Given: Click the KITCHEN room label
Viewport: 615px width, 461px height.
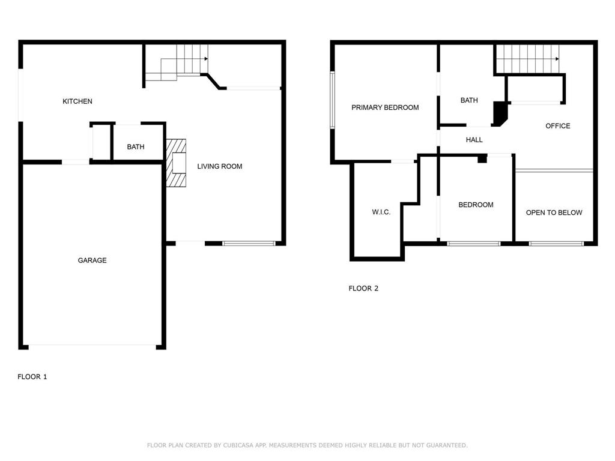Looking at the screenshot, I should pyautogui.click(x=77, y=101).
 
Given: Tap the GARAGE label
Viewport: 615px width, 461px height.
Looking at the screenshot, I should pyautogui.click(x=92, y=261).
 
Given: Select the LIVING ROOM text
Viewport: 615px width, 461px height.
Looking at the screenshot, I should pyautogui.click(x=220, y=166).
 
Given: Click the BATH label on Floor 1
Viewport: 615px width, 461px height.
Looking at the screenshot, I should pyautogui.click(x=136, y=147).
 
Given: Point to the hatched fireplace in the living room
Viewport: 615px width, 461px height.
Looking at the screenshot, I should pyautogui.click(x=177, y=164).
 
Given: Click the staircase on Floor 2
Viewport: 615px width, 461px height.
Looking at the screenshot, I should pyautogui.click(x=527, y=59).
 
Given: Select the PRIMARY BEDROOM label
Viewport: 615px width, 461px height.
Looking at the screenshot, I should pyautogui.click(x=385, y=107).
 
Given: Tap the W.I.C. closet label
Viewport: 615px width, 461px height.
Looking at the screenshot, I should pyautogui.click(x=381, y=212).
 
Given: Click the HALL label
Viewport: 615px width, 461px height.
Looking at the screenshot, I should pyautogui.click(x=474, y=140).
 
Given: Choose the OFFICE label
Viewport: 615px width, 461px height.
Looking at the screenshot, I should pyautogui.click(x=558, y=126).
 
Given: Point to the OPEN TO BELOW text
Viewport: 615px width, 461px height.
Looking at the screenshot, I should pyautogui.click(x=554, y=212).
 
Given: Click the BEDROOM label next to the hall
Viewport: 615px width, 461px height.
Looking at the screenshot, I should pyautogui.click(x=476, y=205).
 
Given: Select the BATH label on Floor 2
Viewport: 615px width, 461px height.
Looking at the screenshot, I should pyautogui.click(x=469, y=100).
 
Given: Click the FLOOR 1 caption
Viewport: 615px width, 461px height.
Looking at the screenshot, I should pyautogui.click(x=32, y=377).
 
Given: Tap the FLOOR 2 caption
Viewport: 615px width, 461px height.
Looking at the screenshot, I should pyautogui.click(x=363, y=288).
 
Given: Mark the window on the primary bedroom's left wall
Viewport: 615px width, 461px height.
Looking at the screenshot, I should pyautogui.click(x=332, y=100).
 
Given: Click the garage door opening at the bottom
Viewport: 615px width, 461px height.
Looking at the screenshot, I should pyautogui.click(x=92, y=345).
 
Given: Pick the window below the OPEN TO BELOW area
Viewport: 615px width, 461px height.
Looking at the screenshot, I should pyautogui.click(x=556, y=244).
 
